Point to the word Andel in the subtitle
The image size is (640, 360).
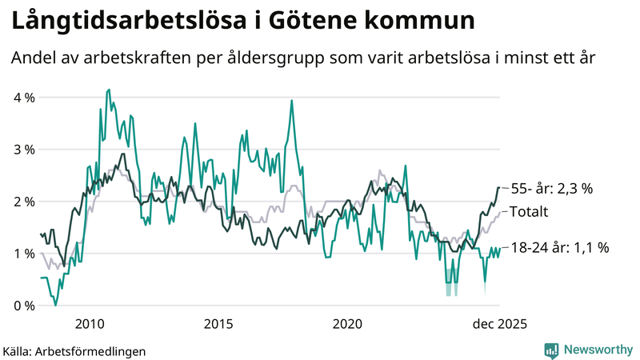click(x=33, y=58)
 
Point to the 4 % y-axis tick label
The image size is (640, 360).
click(x=23, y=98)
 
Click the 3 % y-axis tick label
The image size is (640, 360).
click(x=23, y=150)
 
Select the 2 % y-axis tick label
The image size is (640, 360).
click(x=23, y=202)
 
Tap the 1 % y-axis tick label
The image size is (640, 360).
click(x=23, y=254)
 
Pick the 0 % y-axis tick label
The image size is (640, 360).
click(x=23, y=306)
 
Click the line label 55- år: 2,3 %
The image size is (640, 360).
click(x=551, y=189)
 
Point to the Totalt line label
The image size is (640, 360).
click(x=529, y=212)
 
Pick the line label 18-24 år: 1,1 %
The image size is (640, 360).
click(x=560, y=248)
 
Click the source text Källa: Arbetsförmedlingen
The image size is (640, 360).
click(x=74, y=350)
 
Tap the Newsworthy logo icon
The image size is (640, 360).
click(x=551, y=350)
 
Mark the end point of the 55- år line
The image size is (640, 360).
click(x=499, y=187)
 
